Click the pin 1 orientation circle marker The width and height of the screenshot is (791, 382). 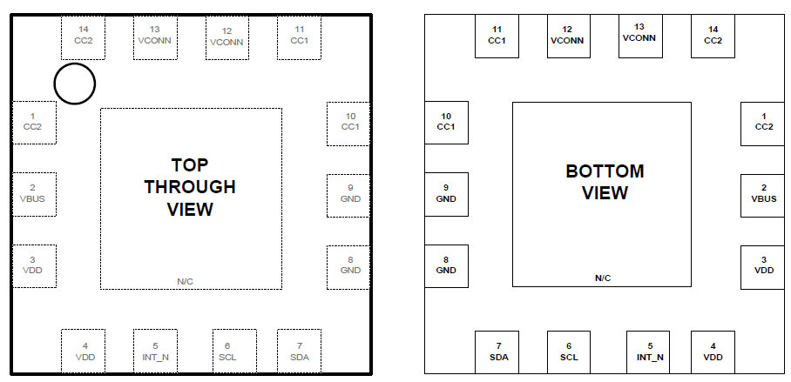pos(74,84)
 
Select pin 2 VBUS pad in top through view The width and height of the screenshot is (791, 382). pos(33,195)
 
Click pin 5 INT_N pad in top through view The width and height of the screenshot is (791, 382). pos(155,352)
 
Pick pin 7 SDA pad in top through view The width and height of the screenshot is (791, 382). pos(299,352)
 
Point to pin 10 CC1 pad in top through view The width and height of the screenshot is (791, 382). pos(348,124)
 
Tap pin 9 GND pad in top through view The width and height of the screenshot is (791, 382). pos(348,195)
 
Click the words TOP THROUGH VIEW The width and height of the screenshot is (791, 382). pos(190,187)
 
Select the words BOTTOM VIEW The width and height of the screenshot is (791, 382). pos(605,182)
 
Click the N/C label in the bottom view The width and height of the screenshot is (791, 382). pos(603,278)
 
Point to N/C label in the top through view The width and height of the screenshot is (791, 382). pos(186,281)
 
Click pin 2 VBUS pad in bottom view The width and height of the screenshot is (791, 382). pos(763,195)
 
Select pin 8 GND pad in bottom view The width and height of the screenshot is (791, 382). pos(446,266)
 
